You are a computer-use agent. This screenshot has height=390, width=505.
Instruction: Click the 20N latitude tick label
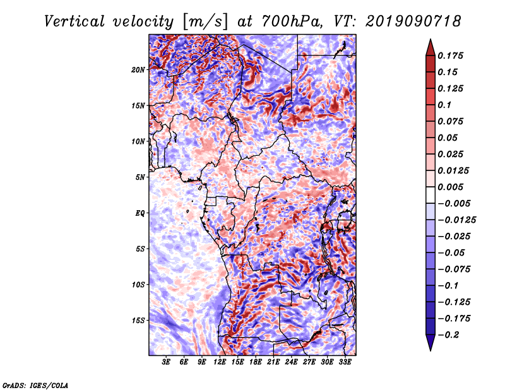pos(138,69)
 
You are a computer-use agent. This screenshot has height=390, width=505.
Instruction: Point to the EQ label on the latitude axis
pos(140,213)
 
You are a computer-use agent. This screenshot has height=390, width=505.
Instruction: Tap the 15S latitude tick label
pos(138,320)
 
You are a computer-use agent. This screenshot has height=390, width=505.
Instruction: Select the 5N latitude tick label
pos(140,177)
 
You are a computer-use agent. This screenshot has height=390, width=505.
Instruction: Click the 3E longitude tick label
pos(166,362)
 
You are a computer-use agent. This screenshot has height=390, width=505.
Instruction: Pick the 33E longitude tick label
pos(345,362)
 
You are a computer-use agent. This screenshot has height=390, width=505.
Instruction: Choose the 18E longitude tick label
pos(256,362)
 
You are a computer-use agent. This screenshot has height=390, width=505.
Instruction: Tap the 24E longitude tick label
pos(292,362)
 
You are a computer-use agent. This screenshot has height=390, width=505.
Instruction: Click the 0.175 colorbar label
pos(452,56)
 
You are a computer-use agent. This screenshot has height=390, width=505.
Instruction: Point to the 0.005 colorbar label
pos(452,187)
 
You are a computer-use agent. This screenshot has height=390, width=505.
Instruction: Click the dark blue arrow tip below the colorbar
pos(430,346)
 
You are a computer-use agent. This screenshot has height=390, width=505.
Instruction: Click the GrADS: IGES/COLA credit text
pos(35,384)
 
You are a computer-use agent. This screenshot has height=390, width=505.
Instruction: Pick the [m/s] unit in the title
pos(202,21)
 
